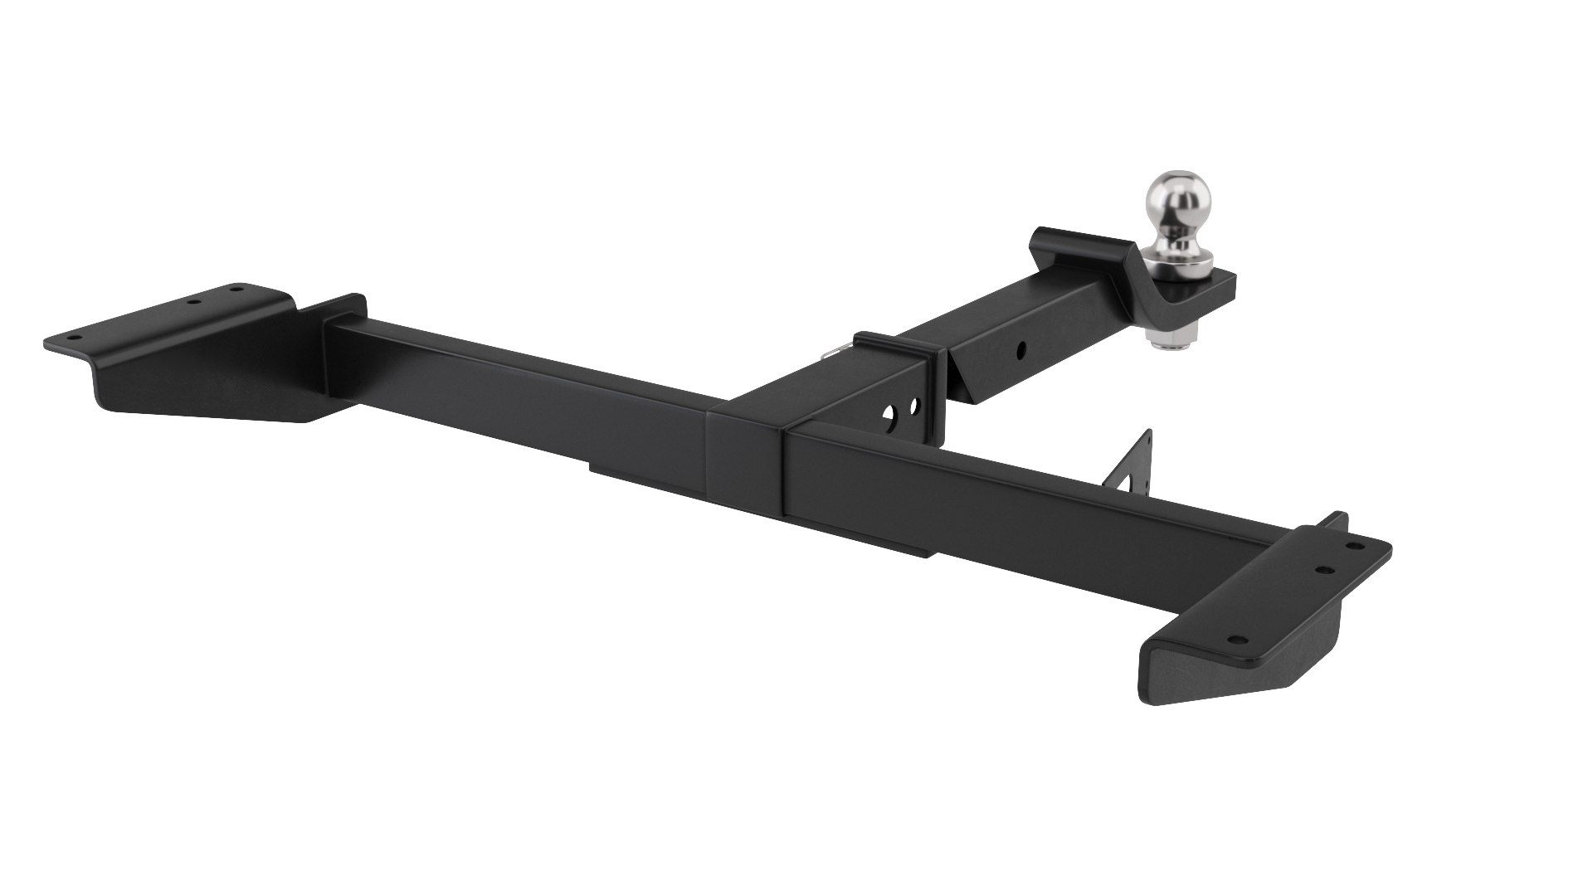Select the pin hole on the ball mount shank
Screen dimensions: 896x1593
pos(1023,348)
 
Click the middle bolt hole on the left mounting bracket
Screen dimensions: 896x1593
pos(194,302)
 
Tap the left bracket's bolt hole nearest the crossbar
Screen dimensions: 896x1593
pos(236,290)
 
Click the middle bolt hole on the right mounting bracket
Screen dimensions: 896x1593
pos(1325,570)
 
